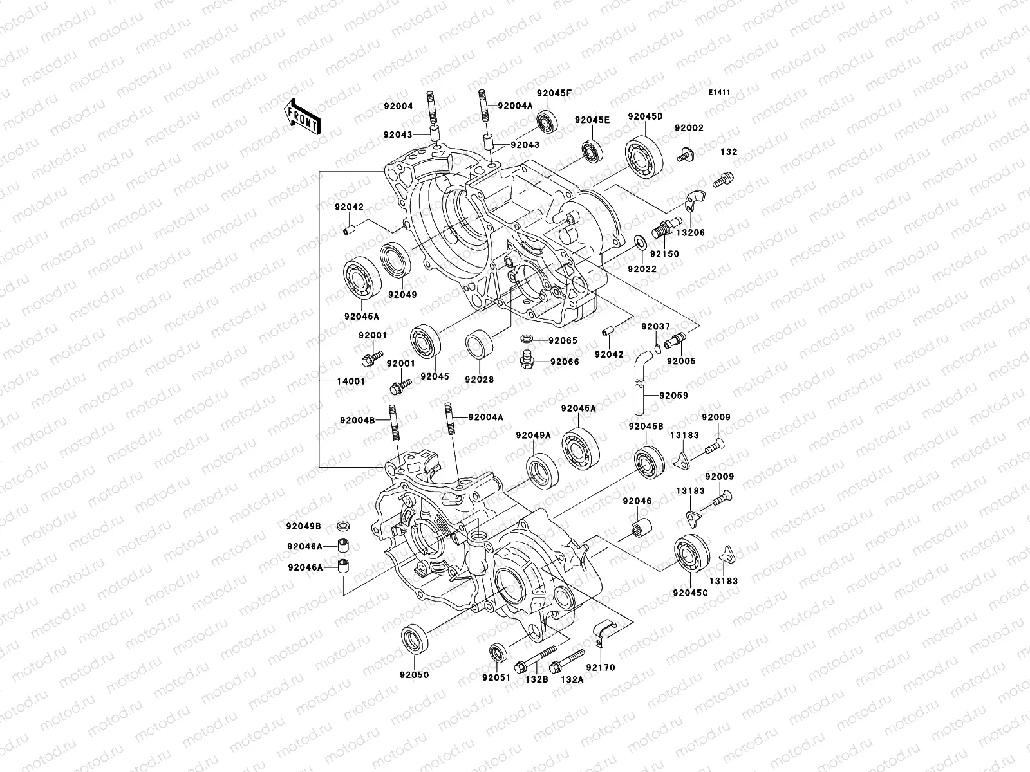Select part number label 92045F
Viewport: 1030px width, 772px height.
(554, 93)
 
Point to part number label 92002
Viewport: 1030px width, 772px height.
(689, 128)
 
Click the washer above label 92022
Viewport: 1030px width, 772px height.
(641, 243)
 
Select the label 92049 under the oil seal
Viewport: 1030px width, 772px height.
(402, 295)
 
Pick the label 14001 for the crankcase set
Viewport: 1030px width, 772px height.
(351, 381)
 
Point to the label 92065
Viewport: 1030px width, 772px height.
(563, 340)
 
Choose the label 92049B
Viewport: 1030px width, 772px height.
(304, 526)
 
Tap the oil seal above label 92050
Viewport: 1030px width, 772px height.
(413, 639)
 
